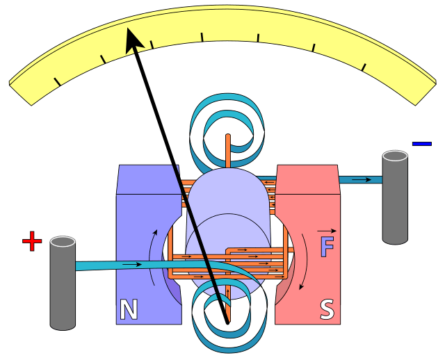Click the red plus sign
[x=32, y=241]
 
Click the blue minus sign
[x=421, y=144]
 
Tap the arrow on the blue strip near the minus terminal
[x=361, y=180]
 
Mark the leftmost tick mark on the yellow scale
[x=56, y=82]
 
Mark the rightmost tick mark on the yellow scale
[x=364, y=67]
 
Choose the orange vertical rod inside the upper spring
[x=227, y=150]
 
